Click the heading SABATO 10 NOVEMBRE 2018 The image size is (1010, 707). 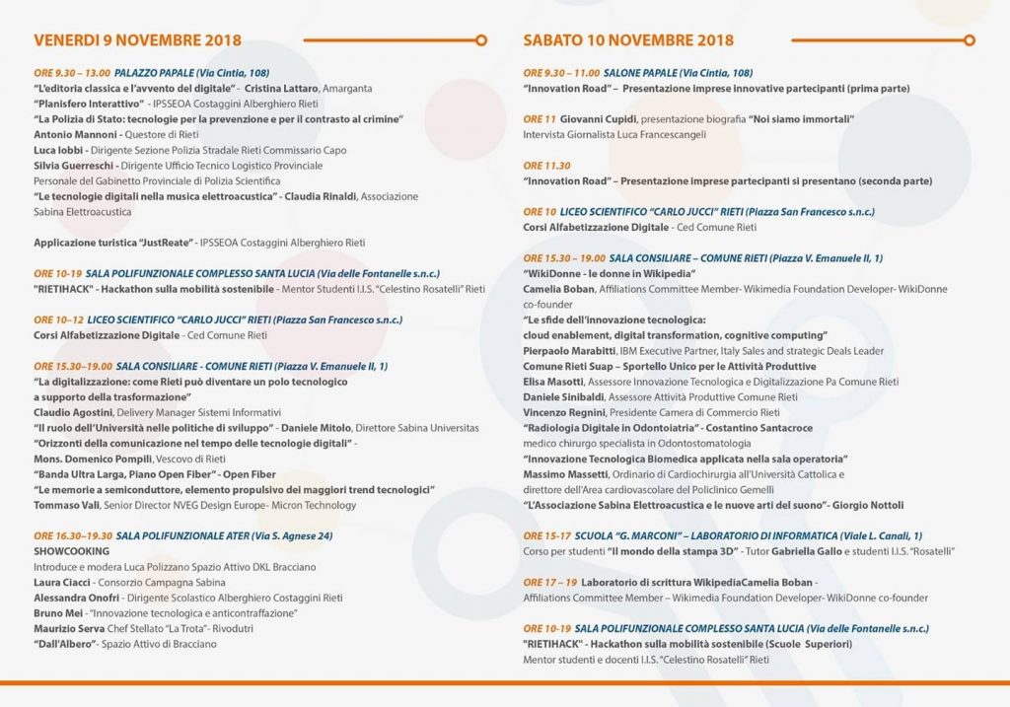tap(628, 40)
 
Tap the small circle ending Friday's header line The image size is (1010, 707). tap(480, 40)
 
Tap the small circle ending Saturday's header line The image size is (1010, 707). tap(970, 40)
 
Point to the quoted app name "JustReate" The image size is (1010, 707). tap(160, 242)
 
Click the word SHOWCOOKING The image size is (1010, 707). tap(72, 551)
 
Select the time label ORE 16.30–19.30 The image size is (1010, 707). tap(72, 535)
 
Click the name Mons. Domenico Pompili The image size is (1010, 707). tap(97, 459)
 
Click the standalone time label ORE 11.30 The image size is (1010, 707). tap(547, 166)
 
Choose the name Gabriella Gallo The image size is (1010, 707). tap(784, 551)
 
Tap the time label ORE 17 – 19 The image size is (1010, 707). tap(548, 582)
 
